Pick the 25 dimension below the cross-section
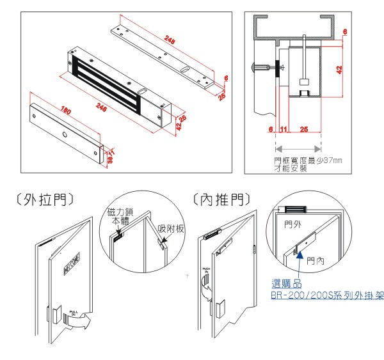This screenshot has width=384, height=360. [x=304, y=129]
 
